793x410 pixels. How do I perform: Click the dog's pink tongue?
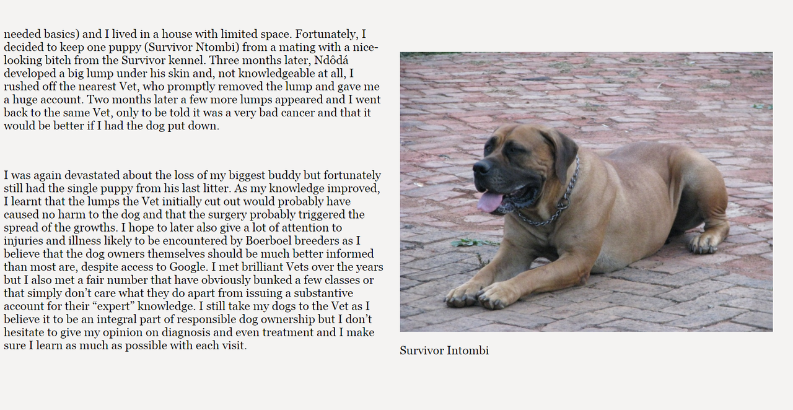point(490,202)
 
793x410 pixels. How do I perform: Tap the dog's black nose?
point(480,167)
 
